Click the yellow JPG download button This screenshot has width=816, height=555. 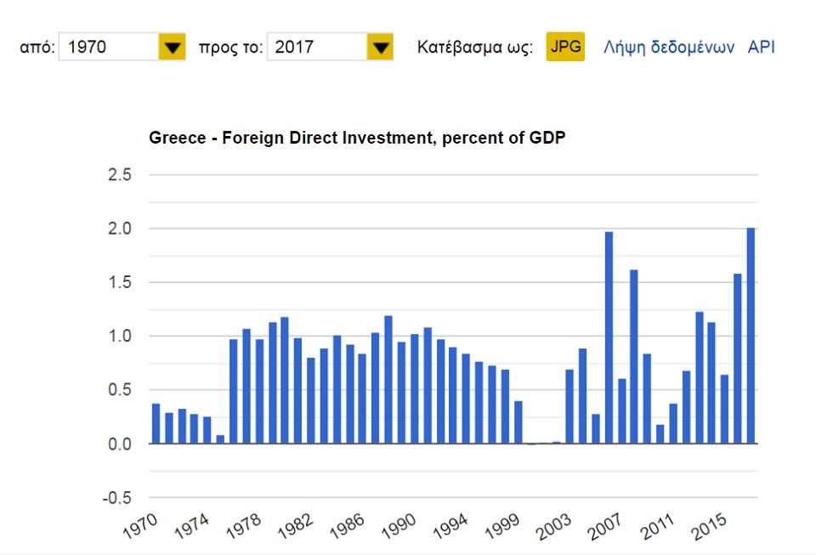565,47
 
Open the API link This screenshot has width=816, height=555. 761,48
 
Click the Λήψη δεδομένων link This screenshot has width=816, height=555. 668,48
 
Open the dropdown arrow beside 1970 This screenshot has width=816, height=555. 173,48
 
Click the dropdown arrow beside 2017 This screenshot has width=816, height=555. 380,48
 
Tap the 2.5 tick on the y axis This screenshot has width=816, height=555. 120,175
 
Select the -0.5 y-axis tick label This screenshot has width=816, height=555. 117,498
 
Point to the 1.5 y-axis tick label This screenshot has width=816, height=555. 120,283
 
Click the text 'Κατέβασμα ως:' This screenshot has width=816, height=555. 475,48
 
